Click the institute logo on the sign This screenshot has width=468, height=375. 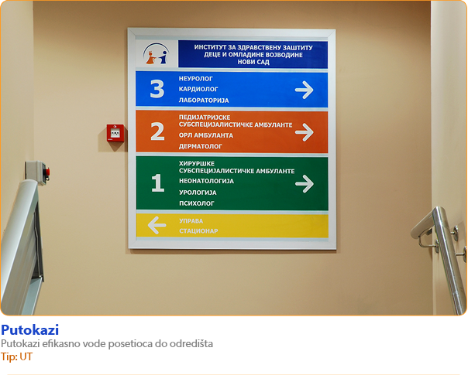156,53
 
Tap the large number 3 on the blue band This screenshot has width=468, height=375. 157,89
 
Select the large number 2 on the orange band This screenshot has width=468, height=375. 157,131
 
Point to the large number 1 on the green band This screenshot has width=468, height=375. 157,182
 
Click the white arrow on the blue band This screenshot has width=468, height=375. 305,90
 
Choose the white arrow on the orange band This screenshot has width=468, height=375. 305,132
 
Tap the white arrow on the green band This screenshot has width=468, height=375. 305,184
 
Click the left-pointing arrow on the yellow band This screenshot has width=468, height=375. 157,225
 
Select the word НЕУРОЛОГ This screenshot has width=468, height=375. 196,79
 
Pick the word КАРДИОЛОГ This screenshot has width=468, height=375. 198,89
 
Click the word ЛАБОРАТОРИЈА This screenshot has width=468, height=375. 204,101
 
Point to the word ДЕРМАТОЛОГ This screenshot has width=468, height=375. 201,146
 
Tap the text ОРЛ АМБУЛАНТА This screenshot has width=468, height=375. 206,135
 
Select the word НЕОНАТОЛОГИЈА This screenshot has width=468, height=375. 207,181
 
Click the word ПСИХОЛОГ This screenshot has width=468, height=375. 197,203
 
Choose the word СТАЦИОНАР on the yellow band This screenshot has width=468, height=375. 198,231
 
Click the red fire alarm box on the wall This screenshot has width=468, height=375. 115,133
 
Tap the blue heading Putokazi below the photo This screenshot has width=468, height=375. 30,330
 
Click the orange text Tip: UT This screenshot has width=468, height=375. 16,356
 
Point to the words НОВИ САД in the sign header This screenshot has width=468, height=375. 253,62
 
